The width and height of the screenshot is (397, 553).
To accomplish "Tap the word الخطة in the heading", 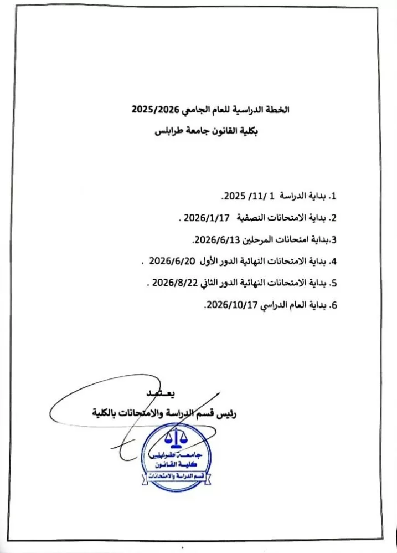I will tap(277, 109).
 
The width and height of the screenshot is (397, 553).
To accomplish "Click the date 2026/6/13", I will tap(213, 240).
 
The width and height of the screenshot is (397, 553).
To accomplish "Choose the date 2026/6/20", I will tap(168, 260).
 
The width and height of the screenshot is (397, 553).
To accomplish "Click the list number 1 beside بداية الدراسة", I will tap(333, 197).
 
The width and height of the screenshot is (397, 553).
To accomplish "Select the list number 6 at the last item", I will tap(333, 304).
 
